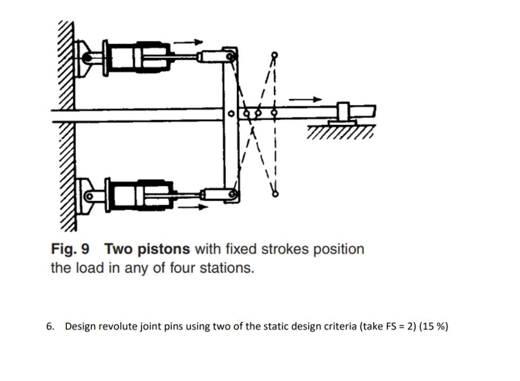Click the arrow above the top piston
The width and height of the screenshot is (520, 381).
188,42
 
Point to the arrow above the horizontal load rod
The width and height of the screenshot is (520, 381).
305,99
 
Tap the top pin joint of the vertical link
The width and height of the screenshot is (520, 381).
230,56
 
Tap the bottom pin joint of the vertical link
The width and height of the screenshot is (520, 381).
232,194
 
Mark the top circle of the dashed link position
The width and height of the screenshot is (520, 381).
274,55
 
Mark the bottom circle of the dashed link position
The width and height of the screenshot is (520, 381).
275,194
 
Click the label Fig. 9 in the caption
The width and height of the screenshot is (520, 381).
70,249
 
